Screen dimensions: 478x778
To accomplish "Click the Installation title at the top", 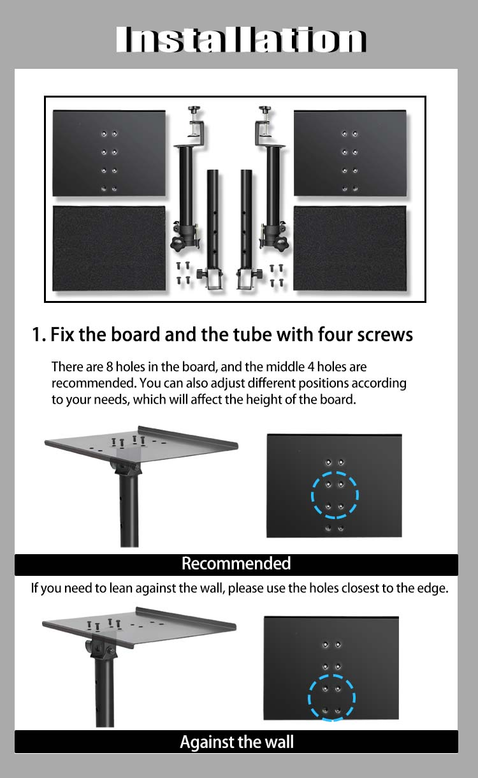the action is pos(241,40).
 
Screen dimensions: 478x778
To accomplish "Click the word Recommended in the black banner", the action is pos(236,563).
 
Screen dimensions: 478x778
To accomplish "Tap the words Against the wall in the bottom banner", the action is pos(236,742).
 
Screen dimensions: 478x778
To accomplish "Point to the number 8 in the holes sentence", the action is pos(110,367).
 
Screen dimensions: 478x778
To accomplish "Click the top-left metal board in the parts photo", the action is pos(109,153).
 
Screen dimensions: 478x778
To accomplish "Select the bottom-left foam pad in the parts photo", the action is pos(109,248).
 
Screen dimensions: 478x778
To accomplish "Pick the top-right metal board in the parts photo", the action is pos(350,153).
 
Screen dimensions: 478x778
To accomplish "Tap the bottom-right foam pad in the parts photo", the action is pos(350,247).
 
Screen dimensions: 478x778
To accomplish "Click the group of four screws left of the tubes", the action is pos(183,273).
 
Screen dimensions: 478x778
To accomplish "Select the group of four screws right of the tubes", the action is pos(277,275).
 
